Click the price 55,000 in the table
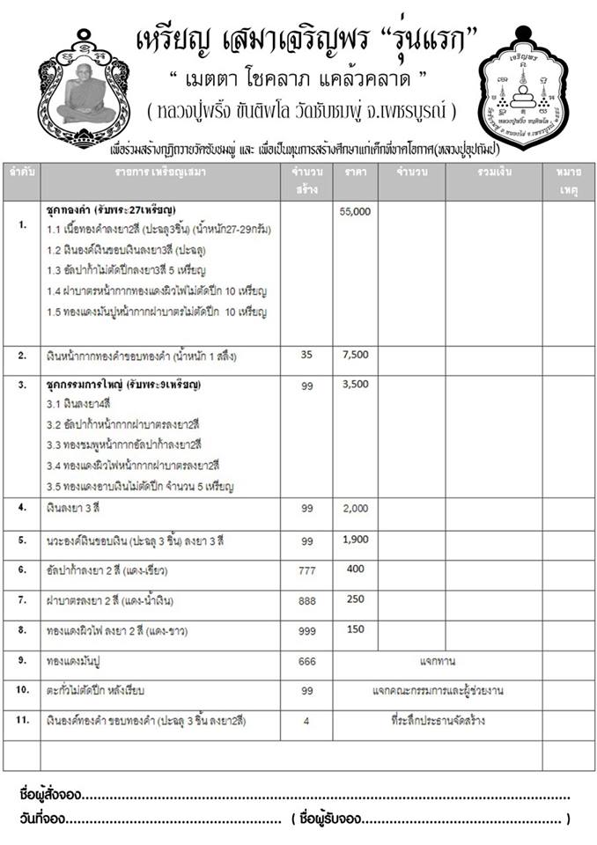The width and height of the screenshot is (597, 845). click(355, 212)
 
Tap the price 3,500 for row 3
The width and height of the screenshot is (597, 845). click(355, 384)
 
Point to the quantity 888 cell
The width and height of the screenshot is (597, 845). click(307, 600)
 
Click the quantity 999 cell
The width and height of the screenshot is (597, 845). click(307, 631)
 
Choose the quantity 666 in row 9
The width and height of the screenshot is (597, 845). click(307, 660)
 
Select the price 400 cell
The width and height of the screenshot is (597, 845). click(355, 569)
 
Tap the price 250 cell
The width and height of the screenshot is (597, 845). click(355, 599)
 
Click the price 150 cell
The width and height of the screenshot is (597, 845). click(355, 628)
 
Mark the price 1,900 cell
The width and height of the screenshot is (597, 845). click(355, 540)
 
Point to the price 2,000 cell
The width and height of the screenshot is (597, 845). click(355, 509)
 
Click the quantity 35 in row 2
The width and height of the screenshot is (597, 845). click(307, 356)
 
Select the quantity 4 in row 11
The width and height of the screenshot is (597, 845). click(307, 722)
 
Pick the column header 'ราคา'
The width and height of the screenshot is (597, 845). click(356, 172)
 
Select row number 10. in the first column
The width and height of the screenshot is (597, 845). click(22, 690)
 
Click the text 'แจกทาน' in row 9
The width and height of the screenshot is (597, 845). click(437, 659)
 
